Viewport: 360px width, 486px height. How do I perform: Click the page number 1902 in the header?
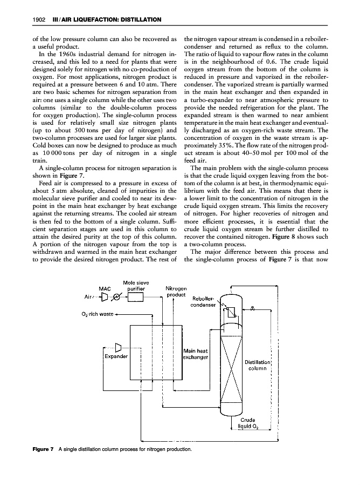pyautogui.click(x=22, y=20)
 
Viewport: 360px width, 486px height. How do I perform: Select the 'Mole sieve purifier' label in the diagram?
pyautogui.click(x=135, y=285)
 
